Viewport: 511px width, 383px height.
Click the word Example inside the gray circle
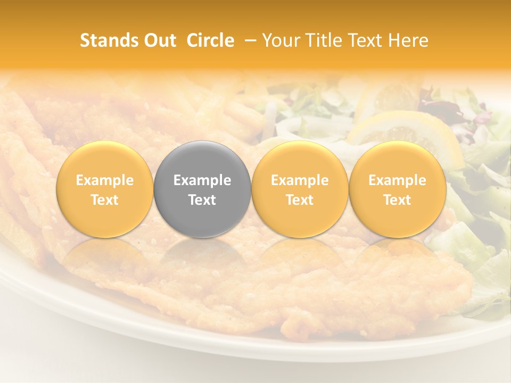[202, 180]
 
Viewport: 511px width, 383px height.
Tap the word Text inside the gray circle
[202, 200]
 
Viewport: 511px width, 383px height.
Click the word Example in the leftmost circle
[104, 180]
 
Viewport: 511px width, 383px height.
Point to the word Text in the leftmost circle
[104, 200]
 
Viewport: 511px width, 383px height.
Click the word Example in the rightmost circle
[398, 180]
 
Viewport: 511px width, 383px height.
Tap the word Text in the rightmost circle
[398, 200]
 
